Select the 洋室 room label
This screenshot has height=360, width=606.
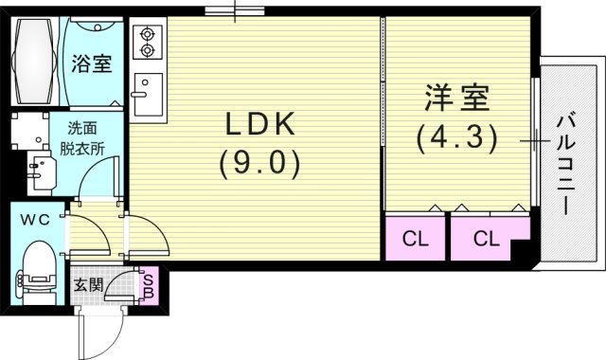point(455,99)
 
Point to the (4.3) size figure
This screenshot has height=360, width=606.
point(455,138)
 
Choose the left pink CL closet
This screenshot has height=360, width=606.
point(416,238)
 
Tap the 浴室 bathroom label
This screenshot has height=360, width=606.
point(92,64)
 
